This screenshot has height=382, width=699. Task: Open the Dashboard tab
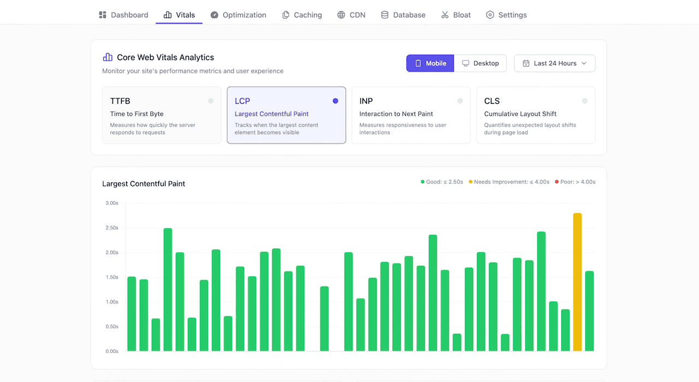123,15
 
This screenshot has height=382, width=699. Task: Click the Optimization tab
238,15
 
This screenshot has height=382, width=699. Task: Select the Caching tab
302,15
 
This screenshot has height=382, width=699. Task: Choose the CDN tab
351,15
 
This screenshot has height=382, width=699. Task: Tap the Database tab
403,15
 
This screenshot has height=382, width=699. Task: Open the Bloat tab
456,15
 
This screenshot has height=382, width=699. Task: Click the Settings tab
506,15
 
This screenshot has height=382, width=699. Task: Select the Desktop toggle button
480,63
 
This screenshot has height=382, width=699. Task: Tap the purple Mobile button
430,63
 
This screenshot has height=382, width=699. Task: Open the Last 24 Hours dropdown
554,63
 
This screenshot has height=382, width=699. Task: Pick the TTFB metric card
162,115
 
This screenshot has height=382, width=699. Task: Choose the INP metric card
411,115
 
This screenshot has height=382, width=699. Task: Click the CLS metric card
535,115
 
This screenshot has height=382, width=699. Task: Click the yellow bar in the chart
577,282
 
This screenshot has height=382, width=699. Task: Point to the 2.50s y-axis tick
111,228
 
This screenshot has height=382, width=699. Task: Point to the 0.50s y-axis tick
111,327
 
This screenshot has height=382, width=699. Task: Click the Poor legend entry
575,182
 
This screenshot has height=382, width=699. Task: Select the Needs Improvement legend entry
509,182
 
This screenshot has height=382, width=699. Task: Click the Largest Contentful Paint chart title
144,184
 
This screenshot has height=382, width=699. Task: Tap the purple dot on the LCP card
335,101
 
